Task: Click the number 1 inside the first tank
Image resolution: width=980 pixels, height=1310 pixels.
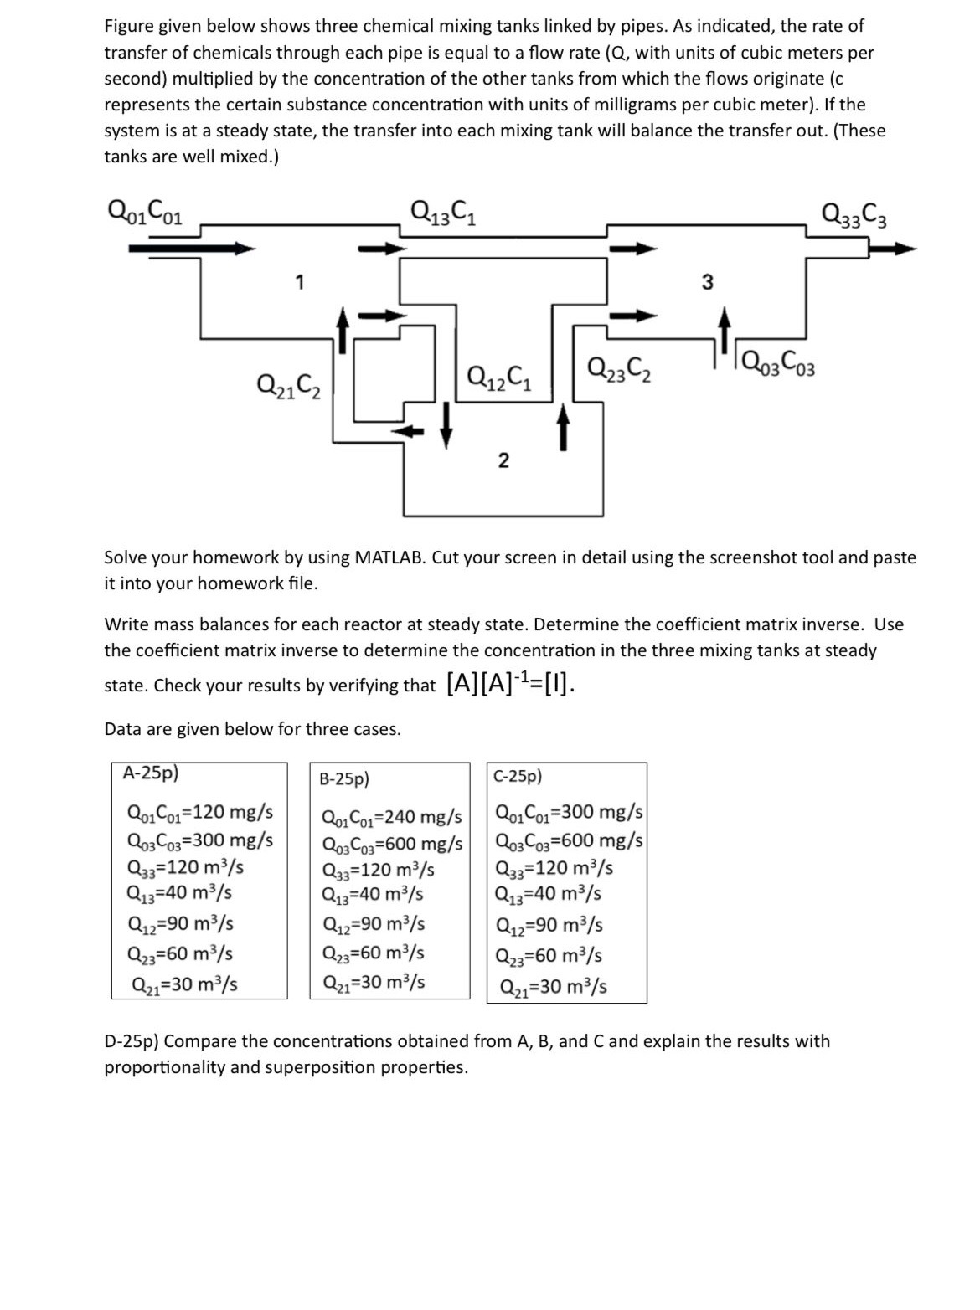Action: coord(299,283)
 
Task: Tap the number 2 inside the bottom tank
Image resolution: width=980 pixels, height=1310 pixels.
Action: coord(503,460)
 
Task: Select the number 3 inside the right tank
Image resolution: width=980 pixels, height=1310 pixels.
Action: coord(708,282)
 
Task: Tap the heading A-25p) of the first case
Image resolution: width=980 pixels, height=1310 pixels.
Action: coord(151,773)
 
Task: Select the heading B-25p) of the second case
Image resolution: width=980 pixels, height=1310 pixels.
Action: coord(344,778)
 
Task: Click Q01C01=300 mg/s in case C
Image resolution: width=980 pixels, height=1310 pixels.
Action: coord(570,812)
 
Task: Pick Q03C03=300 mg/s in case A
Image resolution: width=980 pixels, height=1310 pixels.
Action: coord(200,840)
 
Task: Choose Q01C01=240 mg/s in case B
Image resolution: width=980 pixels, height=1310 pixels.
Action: coord(392,816)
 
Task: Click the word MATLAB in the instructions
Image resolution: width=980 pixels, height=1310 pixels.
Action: coord(390,557)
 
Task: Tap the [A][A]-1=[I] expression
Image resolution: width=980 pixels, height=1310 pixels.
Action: coord(510,684)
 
